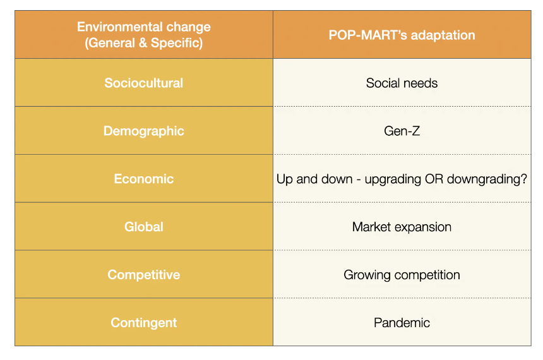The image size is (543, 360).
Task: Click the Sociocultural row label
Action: pos(144,83)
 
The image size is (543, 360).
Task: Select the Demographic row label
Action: pos(144,131)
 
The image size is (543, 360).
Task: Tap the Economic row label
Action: pos(144,179)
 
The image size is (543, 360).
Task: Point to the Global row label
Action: pos(144,227)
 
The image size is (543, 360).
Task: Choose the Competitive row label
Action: pos(144,275)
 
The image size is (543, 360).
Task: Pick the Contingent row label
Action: pos(144,323)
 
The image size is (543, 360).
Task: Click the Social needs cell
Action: pos(402,83)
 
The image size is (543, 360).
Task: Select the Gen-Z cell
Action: pos(402,131)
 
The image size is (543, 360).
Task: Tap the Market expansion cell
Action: pos(402,227)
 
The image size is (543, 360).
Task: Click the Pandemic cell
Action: pos(402,323)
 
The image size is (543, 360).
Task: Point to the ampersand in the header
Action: pos(143,43)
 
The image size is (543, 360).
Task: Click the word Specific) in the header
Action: pos(177,43)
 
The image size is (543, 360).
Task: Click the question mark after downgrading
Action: pos(524,179)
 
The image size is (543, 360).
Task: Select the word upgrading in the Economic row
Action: pos(393,179)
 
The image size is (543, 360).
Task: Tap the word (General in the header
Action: pos(110,43)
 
